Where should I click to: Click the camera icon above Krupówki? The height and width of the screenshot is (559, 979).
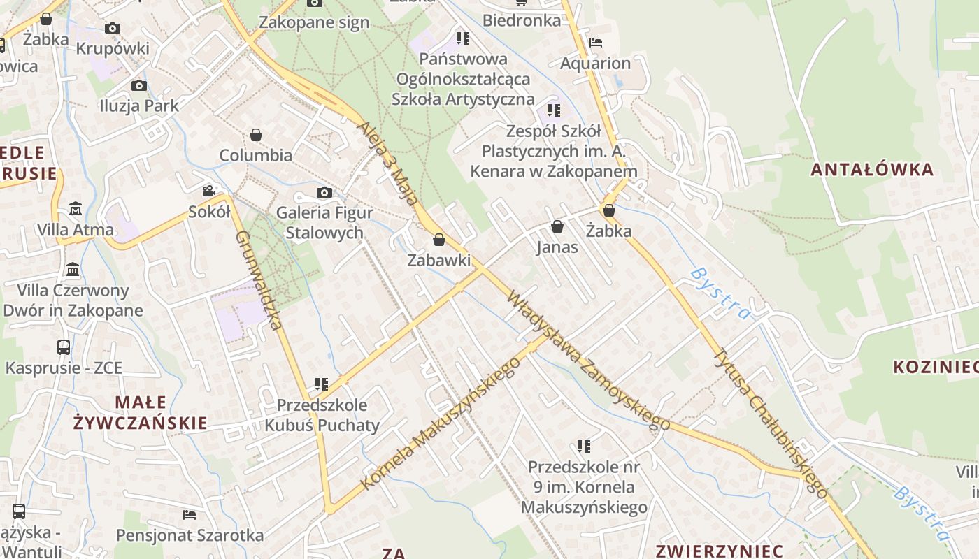coord(113,29)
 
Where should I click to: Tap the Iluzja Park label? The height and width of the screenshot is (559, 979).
coord(139,106)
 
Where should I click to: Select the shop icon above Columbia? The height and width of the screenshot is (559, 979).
coord(256,134)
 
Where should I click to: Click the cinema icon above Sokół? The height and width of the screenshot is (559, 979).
coord(208,191)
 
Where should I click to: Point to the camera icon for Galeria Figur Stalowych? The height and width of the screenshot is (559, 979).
coord(324,192)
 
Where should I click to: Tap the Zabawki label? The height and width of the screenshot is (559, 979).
coord(439,261)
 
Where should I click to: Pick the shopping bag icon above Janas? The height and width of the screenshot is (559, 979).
coord(557,226)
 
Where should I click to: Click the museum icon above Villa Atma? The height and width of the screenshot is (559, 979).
coord(76,208)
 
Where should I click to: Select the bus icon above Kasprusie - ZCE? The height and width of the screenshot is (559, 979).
coord(64,347)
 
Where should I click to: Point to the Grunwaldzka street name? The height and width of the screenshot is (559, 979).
coord(259,280)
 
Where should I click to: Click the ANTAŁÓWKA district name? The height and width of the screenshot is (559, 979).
coord(872,169)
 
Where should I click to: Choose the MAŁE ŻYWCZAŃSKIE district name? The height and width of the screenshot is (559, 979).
coord(141,412)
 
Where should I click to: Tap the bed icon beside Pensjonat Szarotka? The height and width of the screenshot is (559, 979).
coord(190,515)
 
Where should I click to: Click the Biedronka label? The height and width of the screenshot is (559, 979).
coord(522,21)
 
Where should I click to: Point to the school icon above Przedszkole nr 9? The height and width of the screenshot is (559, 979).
coord(584,446)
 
